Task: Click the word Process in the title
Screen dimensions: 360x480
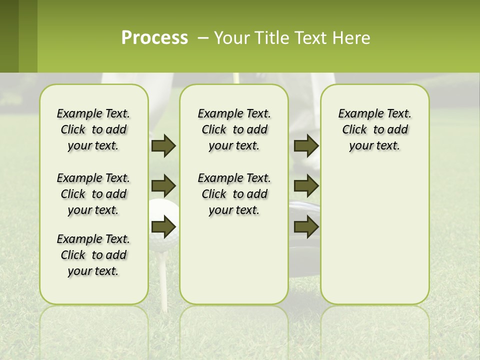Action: [154, 38]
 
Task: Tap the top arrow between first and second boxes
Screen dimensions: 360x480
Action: [163, 145]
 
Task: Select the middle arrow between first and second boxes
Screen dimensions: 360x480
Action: [163, 186]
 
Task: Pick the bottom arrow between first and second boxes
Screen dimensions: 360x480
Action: [163, 227]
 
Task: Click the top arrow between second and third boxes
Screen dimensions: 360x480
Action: [306, 145]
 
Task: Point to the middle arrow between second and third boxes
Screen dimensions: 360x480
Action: [306, 186]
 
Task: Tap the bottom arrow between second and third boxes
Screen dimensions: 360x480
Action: [306, 227]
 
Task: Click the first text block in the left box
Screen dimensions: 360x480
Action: [93, 129]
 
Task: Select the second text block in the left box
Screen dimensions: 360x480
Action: [93, 194]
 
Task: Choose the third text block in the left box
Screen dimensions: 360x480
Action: [93, 255]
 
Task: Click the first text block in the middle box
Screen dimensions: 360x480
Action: [234, 129]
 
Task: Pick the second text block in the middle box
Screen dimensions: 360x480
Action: [234, 194]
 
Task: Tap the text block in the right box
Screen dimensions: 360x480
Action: [374, 129]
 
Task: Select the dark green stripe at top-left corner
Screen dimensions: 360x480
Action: [9, 36]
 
